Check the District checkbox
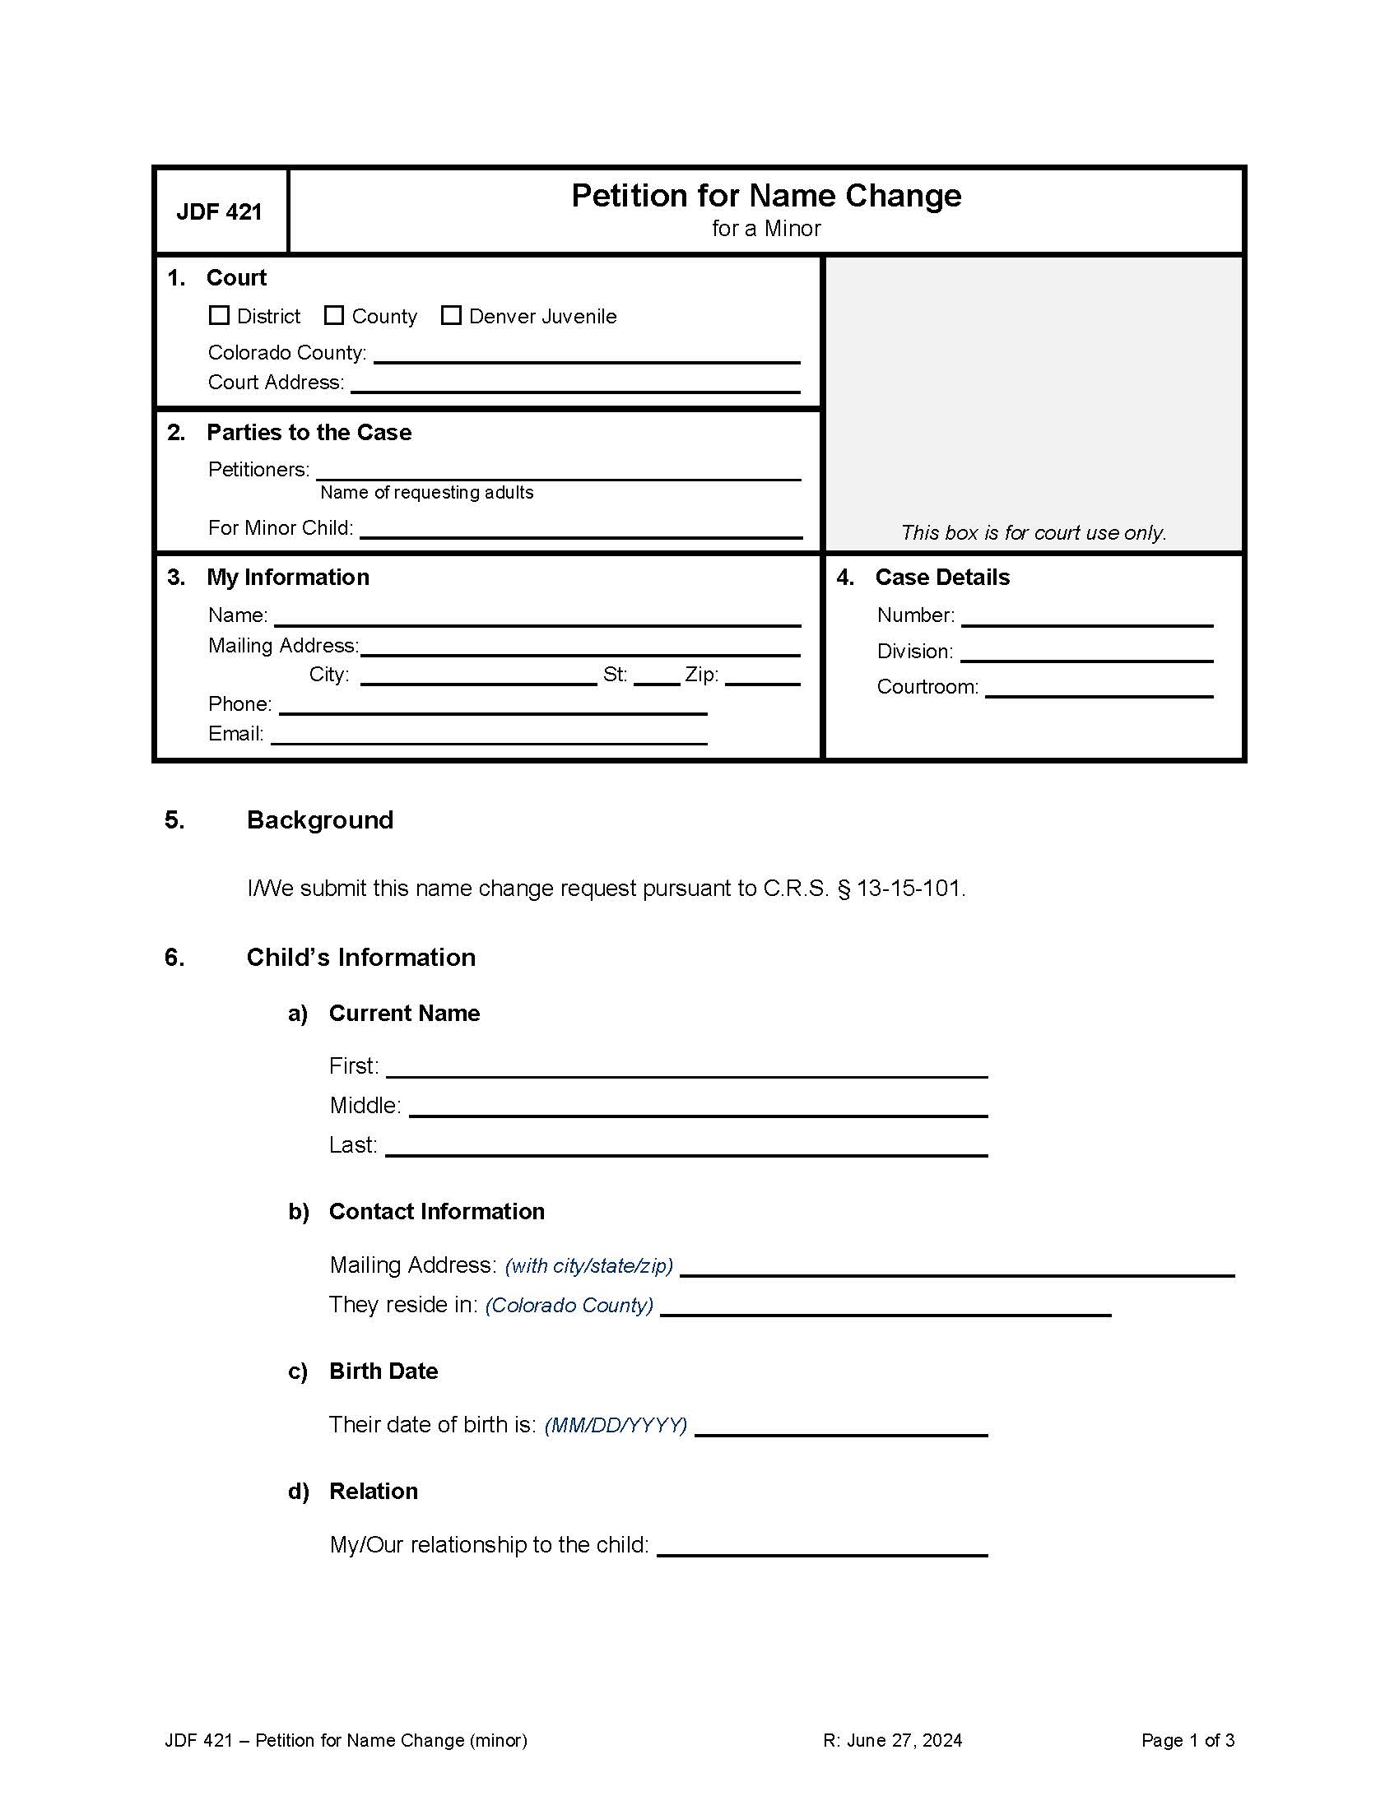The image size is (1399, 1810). [x=219, y=316]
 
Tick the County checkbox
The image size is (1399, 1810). [x=334, y=316]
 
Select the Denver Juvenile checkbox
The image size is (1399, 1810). [x=451, y=316]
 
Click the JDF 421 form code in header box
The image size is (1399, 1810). [x=219, y=212]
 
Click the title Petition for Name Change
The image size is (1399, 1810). [x=766, y=197]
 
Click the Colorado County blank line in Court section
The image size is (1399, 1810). [x=586, y=354]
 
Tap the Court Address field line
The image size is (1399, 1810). [x=574, y=383]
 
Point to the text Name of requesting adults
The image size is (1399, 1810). [x=426, y=493]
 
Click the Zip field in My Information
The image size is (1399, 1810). [x=762, y=675]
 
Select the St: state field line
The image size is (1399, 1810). [x=657, y=675]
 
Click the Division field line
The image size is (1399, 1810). [x=1085, y=652]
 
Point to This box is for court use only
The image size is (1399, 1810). [x=1033, y=533]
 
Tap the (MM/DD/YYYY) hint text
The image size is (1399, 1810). [x=615, y=1426]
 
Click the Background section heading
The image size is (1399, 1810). [x=320, y=820]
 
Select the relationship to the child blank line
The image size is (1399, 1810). [x=821, y=1547]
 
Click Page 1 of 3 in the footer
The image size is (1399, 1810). [x=1187, y=1740]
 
